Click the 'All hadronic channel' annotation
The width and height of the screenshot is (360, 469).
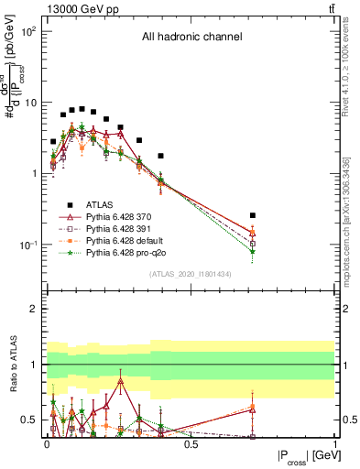191,38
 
